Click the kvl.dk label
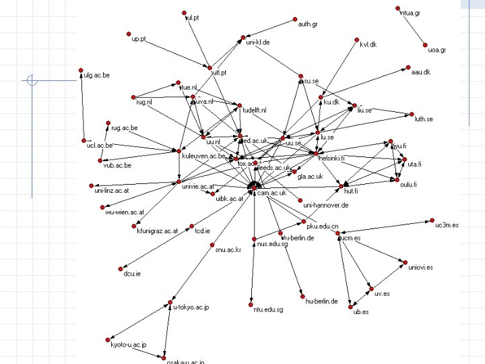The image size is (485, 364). [x=368, y=44]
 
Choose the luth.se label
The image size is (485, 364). [x=424, y=119]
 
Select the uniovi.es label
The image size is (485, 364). [x=420, y=268]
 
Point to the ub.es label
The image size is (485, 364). [x=361, y=312]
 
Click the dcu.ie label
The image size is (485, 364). [x=132, y=273]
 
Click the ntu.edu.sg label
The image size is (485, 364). [x=269, y=309]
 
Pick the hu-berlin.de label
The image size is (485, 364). [x=321, y=301]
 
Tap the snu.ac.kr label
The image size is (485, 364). [x=228, y=249]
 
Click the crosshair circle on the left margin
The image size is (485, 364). [x=31, y=80]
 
